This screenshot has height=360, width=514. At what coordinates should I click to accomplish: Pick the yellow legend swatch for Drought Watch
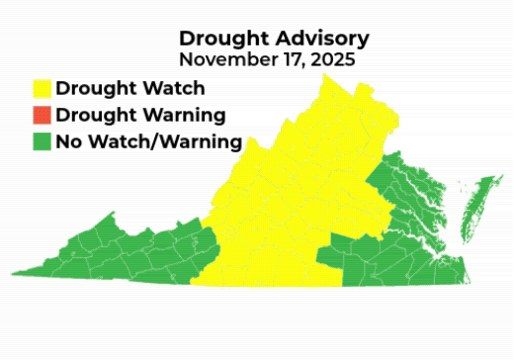[x=42, y=89]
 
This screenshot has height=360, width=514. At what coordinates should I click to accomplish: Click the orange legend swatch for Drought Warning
[x=42, y=115]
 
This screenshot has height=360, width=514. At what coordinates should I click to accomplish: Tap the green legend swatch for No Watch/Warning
[x=42, y=141]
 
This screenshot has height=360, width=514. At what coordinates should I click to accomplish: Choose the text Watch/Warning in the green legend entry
[x=165, y=141]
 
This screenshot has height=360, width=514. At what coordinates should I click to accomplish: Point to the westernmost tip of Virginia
[x=14, y=273]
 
